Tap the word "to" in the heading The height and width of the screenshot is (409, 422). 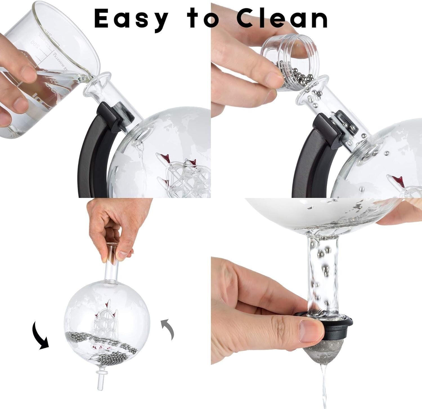coord(202,18)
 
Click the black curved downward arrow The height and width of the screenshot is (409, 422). coord(41,336)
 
